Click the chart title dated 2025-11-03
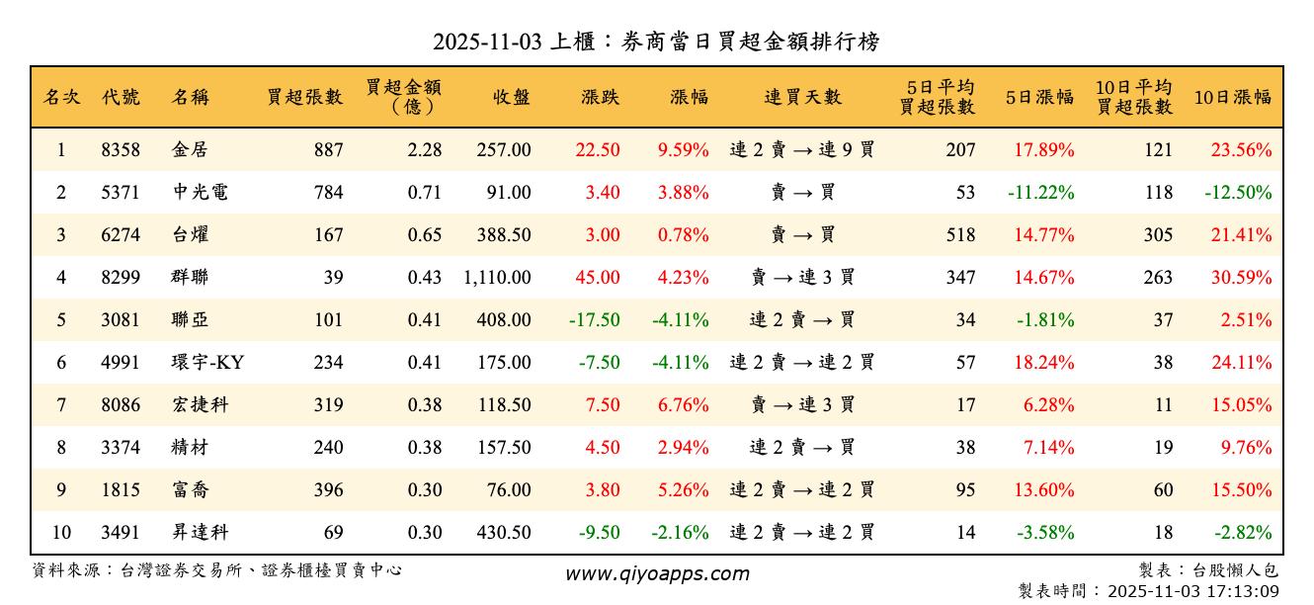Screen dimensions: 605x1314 tap(656, 42)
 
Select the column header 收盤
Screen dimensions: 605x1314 tap(510, 97)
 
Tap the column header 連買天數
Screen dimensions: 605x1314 tap(802, 97)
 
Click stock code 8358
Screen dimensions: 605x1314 tap(121, 150)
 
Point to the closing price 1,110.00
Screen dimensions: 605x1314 tap(497, 278)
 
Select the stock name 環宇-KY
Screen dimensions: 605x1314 tap(207, 363)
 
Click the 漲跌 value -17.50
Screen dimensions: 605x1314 tap(595, 320)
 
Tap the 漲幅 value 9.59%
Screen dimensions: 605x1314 tap(683, 150)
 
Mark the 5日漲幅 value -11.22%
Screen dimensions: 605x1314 tap(1040, 193)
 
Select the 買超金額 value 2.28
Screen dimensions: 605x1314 tap(425, 150)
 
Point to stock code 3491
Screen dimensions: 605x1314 tap(121, 533)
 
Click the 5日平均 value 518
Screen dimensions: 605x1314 tap(959, 235)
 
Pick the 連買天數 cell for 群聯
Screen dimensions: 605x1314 tap(802, 278)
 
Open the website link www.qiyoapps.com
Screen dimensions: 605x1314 tap(657, 573)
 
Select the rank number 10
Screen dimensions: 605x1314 tap(61, 533)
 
